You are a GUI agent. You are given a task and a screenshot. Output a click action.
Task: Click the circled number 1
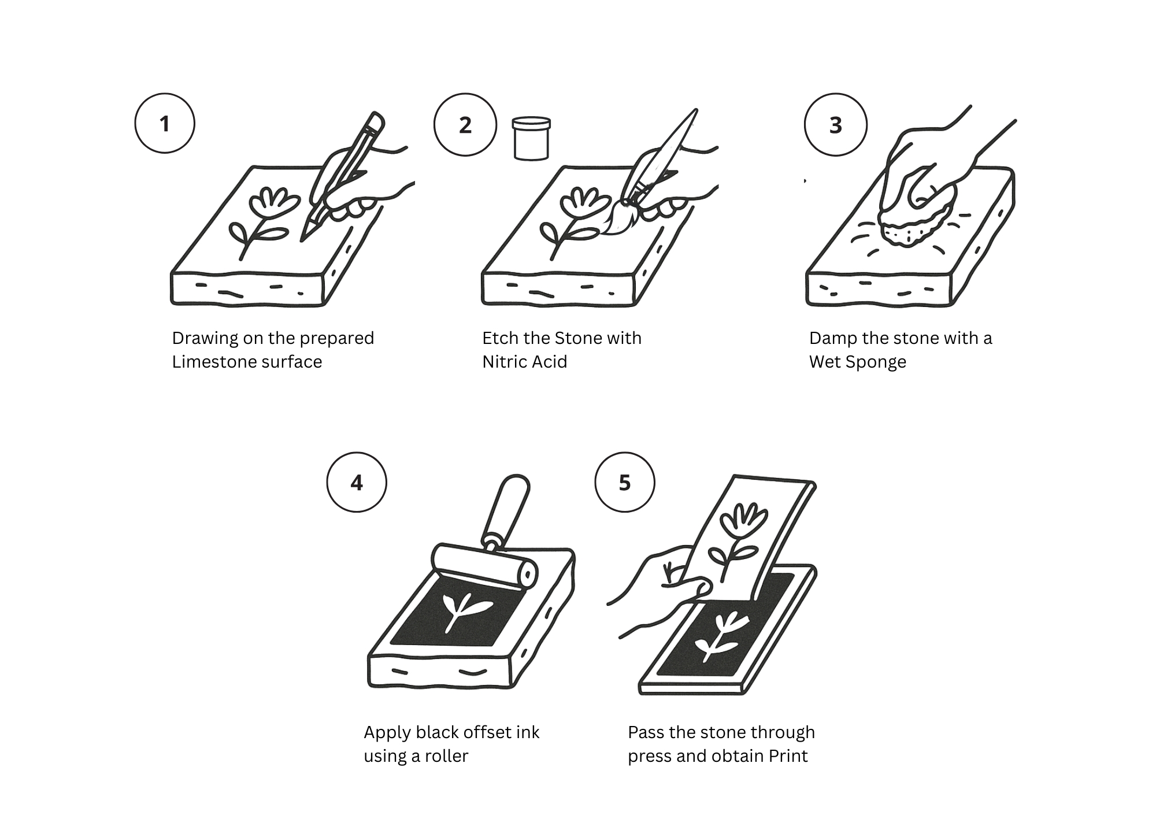[x=165, y=124]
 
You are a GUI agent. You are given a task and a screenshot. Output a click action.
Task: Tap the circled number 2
[x=465, y=125]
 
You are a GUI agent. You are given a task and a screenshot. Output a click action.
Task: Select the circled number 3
[x=836, y=125]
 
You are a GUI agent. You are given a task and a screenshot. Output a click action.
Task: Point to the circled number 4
[x=357, y=483]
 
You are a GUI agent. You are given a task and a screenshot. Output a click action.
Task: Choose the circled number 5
[x=625, y=483]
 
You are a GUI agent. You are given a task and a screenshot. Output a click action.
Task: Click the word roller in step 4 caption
[x=446, y=756]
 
